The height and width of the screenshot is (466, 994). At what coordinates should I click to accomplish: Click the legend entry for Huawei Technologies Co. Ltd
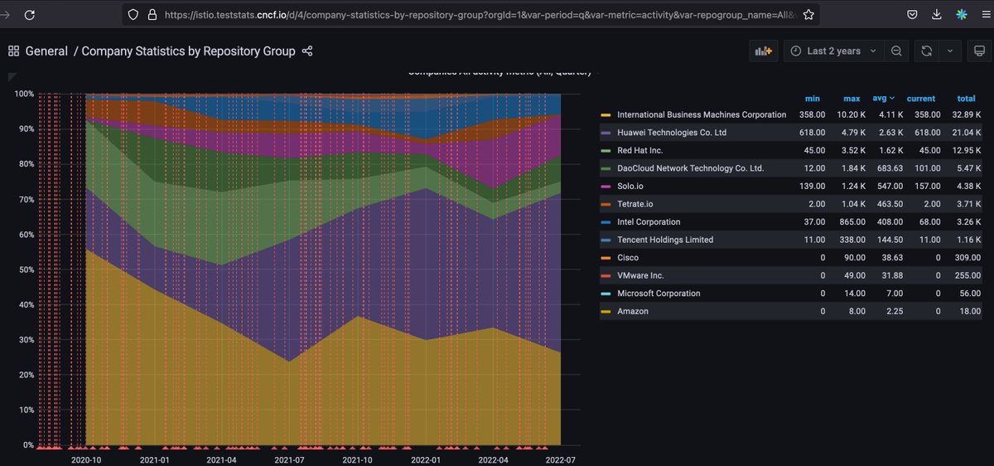pos(672,133)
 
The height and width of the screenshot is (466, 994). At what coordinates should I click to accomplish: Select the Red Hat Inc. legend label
pos(639,151)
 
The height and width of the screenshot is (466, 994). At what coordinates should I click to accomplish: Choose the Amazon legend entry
pos(633,312)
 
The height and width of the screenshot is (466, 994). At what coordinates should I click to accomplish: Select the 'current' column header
pos(921,98)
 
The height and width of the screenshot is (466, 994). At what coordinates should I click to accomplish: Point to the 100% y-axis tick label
pos(23,95)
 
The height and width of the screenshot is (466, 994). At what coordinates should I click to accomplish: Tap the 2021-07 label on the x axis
pos(290,459)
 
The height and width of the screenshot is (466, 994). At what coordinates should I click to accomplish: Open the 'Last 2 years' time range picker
pos(833,51)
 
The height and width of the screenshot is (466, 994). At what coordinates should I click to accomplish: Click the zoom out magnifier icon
pos(896,51)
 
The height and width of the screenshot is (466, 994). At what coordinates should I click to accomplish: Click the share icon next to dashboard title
pos(307,51)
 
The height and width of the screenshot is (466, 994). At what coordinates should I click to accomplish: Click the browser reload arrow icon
pos(29,15)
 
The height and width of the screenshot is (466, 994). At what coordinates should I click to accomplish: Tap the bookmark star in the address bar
pos(809,15)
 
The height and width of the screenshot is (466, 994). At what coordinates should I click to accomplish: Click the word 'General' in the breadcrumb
pos(46,51)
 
